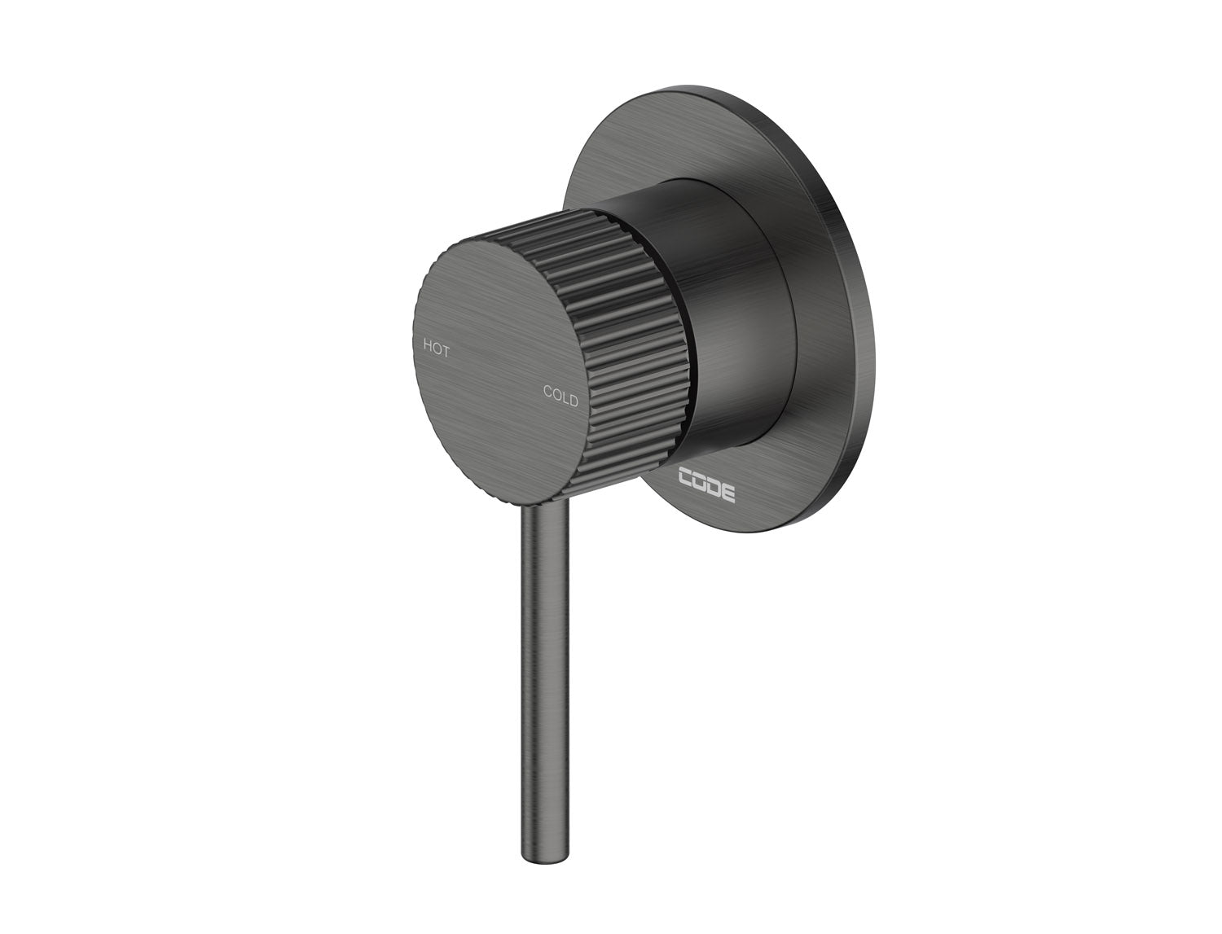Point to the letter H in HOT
(426, 344)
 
